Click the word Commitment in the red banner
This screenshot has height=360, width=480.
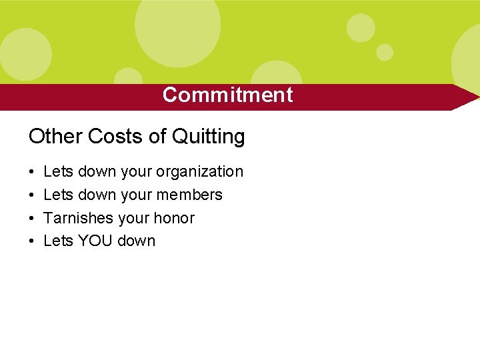pos(227,95)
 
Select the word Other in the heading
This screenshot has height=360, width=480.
pos(55,137)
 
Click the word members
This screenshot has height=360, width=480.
pos(189,195)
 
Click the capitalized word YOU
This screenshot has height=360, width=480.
pos(95,241)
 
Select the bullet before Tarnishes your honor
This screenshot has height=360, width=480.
pos(32,218)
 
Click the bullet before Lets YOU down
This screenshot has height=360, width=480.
pos(32,241)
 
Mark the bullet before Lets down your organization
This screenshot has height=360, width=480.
pos(32,172)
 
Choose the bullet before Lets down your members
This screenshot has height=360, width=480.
pos(32,195)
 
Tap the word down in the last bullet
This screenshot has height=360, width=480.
pos(136,241)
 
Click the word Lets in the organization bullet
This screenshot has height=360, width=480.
pos(58,171)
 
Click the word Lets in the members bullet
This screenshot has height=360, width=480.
pos(58,195)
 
